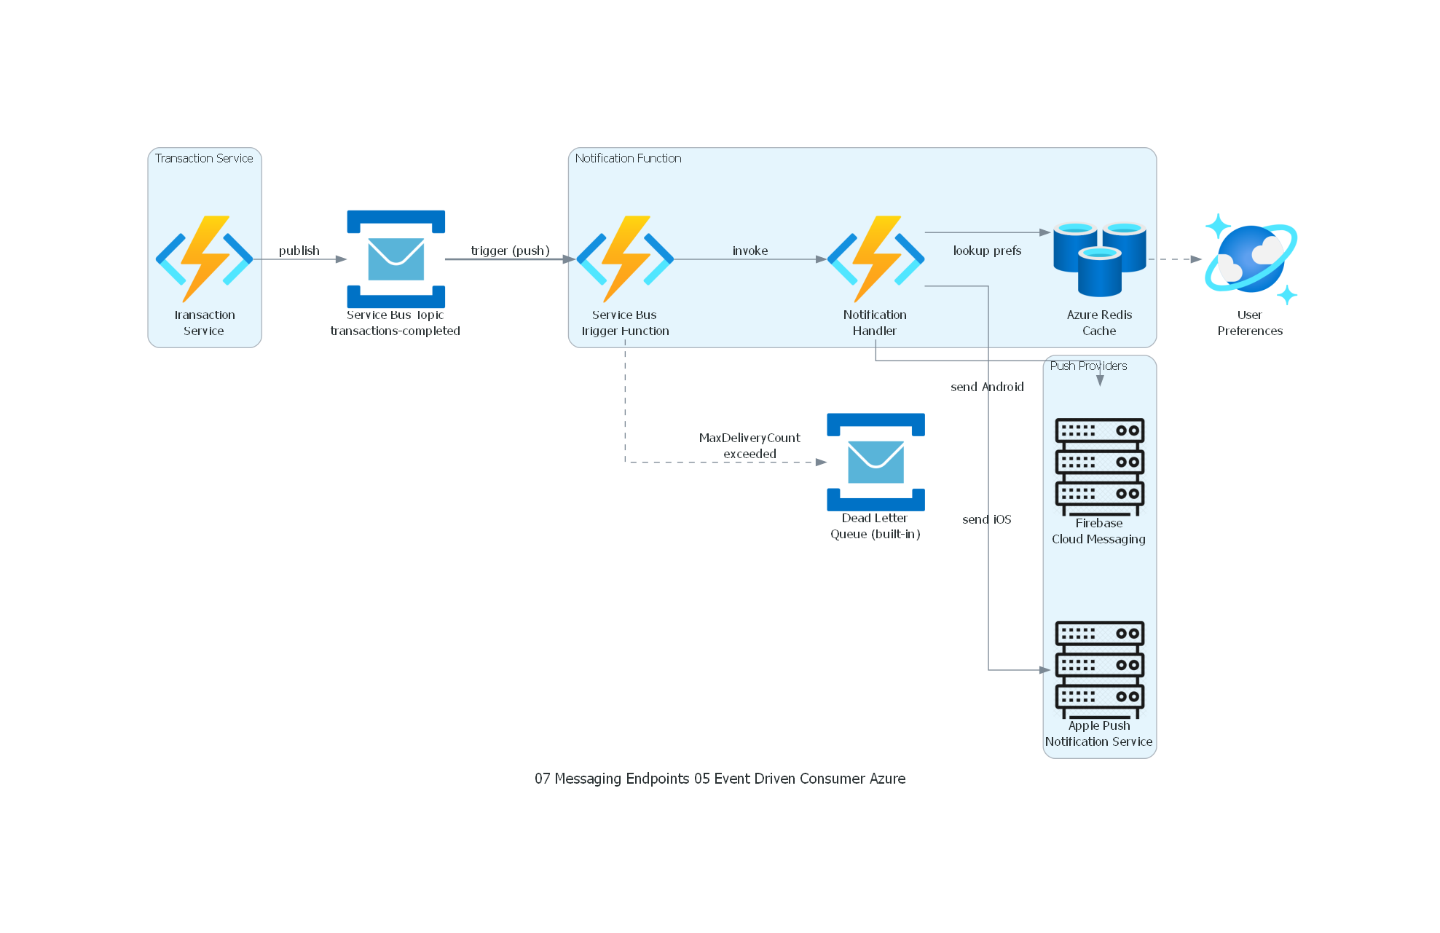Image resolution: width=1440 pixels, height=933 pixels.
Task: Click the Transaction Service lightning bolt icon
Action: (x=204, y=259)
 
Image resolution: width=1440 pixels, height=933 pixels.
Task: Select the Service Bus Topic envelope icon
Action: (x=396, y=259)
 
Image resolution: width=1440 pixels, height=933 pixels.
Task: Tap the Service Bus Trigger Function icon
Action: (x=624, y=259)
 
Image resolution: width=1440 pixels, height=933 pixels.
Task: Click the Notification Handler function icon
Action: (x=875, y=259)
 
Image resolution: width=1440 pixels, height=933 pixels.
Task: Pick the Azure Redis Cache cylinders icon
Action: (x=1099, y=259)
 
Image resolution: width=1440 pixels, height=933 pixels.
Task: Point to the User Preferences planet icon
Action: (x=1250, y=259)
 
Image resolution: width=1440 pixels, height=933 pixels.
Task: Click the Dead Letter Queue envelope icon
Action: (x=875, y=462)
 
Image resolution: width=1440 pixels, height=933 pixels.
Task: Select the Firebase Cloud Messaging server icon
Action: (x=1099, y=466)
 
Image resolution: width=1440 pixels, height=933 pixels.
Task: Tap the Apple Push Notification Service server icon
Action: (x=1099, y=669)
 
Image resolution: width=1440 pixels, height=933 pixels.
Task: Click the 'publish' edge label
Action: (x=299, y=251)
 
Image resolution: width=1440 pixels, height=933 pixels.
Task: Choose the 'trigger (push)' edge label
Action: (x=510, y=251)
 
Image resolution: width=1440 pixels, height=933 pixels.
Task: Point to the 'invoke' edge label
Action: (x=749, y=251)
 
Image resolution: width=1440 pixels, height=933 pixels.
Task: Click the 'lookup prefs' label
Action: (x=987, y=251)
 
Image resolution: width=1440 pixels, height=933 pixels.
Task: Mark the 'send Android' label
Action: (x=987, y=387)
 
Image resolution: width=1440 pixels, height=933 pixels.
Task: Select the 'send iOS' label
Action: (x=986, y=519)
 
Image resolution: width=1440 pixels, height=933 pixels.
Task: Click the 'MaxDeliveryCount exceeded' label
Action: (x=749, y=446)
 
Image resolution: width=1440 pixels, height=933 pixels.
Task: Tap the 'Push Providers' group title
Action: (x=1088, y=366)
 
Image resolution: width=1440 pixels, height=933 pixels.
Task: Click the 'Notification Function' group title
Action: (x=628, y=158)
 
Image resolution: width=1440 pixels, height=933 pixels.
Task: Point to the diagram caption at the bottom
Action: (x=720, y=779)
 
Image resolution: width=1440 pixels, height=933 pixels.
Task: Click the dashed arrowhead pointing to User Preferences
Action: (x=1195, y=259)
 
